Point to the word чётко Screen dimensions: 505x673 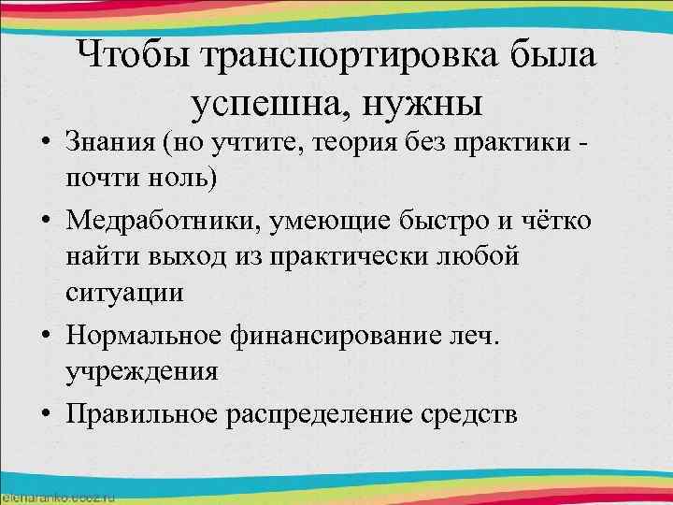coord(561,219)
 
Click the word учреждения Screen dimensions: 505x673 coord(142,371)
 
